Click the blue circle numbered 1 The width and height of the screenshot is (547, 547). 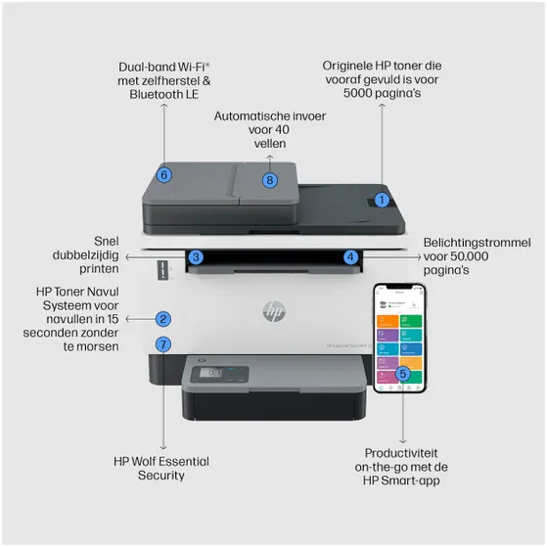click(x=383, y=199)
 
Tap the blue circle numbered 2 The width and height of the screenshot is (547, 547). click(x=163, y=318)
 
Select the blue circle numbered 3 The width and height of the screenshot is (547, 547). click(x=196, y=257)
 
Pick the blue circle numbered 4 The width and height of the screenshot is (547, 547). click(x=350, y=257)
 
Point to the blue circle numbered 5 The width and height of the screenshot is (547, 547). click(x=403, y=373)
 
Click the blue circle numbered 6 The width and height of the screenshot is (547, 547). click(x=164, y=174)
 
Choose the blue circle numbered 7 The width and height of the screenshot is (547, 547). click(x=163, y=343)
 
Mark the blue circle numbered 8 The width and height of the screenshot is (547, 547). click(x=270, y=179)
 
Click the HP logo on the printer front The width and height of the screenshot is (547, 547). click(x=273, y=311)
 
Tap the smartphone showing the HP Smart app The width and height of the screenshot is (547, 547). click(x=401, y=338)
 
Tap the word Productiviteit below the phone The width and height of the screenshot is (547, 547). click(x=401, y=453)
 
